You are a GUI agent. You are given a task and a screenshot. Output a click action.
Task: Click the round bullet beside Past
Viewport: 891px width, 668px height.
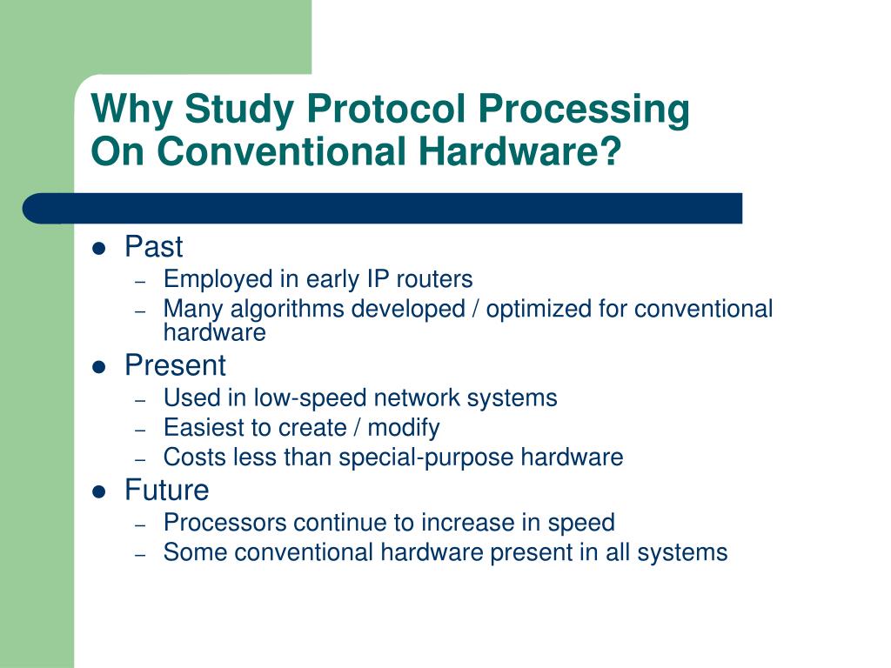(98, 249)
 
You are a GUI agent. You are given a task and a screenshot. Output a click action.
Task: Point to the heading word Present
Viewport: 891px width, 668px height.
(175, 365)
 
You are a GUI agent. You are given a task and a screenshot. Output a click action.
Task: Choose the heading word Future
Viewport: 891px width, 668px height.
(167, 491)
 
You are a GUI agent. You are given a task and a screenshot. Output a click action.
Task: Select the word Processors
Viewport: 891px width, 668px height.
(224, 523)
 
